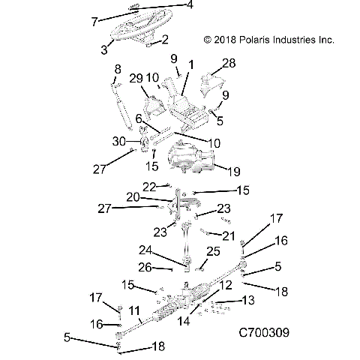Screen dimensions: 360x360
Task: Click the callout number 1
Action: (191, 66)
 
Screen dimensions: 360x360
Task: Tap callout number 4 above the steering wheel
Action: (190, 5)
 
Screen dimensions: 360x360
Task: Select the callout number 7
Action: (94, 22)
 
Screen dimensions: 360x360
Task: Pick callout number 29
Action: (136, 79)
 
